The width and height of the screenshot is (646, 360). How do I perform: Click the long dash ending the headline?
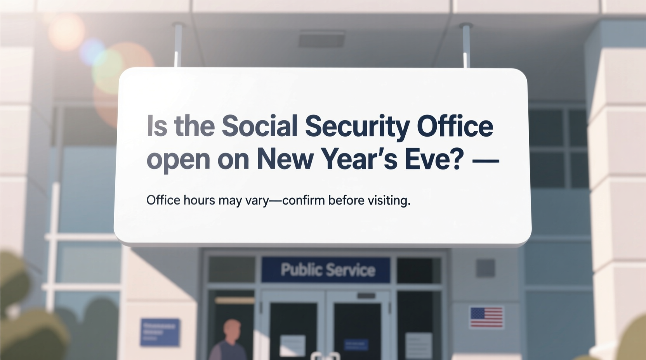(x=485, y=159)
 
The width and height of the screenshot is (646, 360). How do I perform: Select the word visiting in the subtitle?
(x=390, y=201)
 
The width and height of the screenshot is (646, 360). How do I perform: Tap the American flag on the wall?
(x=486, y=317)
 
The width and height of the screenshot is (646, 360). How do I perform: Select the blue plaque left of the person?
(x=160, y=332)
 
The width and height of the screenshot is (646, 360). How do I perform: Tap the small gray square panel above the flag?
(x=485, y=268)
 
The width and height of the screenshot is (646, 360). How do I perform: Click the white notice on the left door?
(x=292, y=345)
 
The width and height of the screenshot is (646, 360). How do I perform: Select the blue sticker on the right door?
(x=356, y=344)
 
